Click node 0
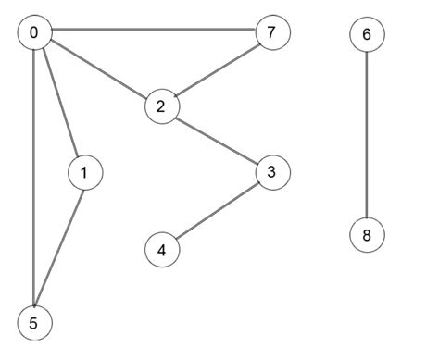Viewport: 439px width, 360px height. [x=34, y=33]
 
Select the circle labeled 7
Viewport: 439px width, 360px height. [x=271, y=33]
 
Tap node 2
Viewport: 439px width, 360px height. [x=161, y=106]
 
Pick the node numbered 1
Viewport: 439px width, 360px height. [x=84, y=172]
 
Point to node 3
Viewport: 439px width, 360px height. [x=271, y=172]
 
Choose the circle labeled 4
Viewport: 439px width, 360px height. [x=162, y=249]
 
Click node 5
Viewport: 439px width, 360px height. [x=34, y=323]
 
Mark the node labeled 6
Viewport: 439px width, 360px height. [x=367, y=34]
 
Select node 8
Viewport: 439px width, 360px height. [x=367, y=234]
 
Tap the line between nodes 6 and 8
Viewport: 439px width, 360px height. [x=367, y=134]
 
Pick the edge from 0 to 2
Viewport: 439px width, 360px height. [x=97, y=69]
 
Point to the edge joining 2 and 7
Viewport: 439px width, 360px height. [x=216, y=70]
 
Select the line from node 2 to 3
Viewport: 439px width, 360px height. [x=216, y=139]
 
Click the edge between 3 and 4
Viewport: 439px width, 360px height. [x=217, y=210]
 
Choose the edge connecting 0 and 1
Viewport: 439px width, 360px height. [x=59, y=103]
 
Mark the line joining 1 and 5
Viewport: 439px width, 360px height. [x=59, y=248]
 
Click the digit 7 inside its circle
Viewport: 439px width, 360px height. [x=271, y=33]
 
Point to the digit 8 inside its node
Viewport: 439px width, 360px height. [x=367, y=234]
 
